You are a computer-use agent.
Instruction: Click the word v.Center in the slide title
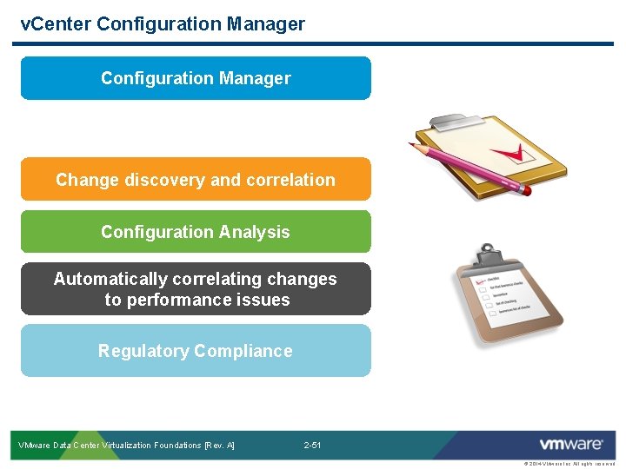[57, 24]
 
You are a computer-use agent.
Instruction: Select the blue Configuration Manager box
[196, 78]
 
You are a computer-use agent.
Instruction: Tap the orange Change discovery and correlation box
[196, 180]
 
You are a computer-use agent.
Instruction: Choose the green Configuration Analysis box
[196, 232]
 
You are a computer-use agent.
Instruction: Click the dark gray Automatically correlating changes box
[196, 289]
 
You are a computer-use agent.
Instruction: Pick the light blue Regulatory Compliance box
[196, 351]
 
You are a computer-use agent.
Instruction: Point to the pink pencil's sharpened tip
[414, 145]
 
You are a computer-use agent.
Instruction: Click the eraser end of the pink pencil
[524, 188]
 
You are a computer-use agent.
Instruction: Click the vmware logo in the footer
[570, 445]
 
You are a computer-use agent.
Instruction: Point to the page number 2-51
[312, 446]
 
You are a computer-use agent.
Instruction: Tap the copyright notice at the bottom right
[569, 464]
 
